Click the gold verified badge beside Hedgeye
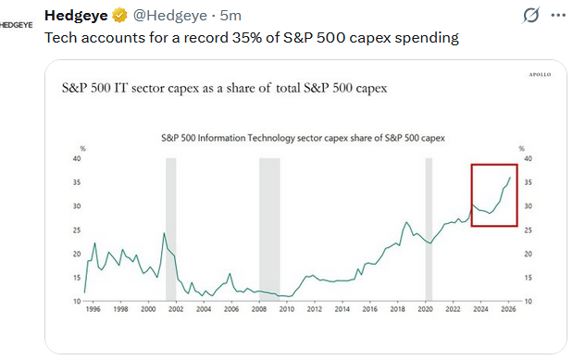click(119, 16)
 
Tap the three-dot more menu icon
click(558, 16)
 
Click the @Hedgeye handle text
click(170, 16)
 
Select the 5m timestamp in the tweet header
click(230, 16)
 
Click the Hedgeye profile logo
click(16, 25)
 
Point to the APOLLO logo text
click(540, 75)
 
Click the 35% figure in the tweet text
click(246, 38)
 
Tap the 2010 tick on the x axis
click(287, 309)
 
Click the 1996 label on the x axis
click(93, 309)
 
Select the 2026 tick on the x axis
click(508, 309)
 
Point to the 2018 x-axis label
click(398, 309)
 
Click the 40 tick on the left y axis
click(77, 158)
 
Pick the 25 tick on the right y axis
click(528, 230)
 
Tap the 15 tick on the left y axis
click(77, 278)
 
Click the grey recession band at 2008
click(269, 230)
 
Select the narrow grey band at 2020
click(429, 230)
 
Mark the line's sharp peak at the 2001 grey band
click(164, 233)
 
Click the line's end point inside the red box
click(510, 178)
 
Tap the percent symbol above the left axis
click(83, 148)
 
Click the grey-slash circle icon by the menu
click(530, 16)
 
